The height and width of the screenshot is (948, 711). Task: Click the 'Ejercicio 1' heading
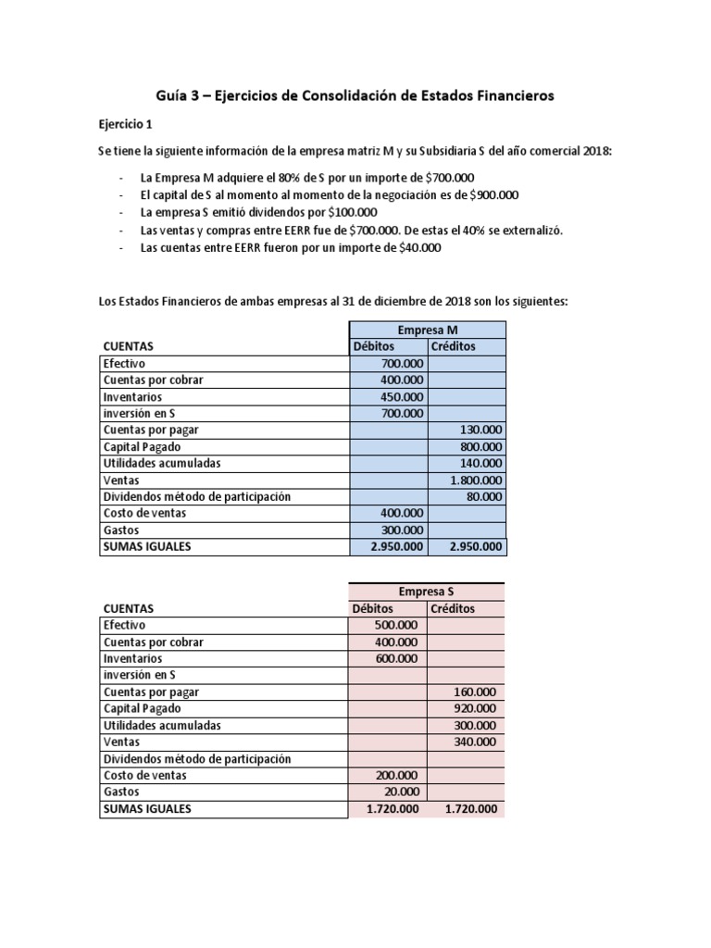pyautogui.click(x=127, y=123)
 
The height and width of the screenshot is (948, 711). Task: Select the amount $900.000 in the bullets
pyautogui.click(x=493, y=194)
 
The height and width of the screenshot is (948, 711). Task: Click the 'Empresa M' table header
pyautogui.click(x=427, y=330)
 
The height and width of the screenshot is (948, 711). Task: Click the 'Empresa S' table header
pyautogui.click(x=426, y=592)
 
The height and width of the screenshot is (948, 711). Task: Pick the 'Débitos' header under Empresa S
pyautogui.click(x=373, y=608)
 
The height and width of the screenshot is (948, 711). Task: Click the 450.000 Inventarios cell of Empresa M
pyautogui.click(x=402, y=396)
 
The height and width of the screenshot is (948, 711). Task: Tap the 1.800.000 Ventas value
pyautogui.click(x=476, y=480)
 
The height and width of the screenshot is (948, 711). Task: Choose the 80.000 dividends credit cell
pyautogui.click(x=483, y=496)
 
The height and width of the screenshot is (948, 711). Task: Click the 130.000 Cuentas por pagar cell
pyautogui.click(x=480, y=430)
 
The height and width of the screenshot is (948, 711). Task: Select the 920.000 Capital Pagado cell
pyautogui.click(x=476, y=708)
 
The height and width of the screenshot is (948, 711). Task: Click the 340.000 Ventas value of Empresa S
pyautogui.click(x=476, y=742)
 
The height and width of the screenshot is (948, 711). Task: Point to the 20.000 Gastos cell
pyautogui.click(x=401, y=792)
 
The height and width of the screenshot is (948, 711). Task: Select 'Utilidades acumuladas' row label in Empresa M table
pyautogui.click(x=163, y=463)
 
